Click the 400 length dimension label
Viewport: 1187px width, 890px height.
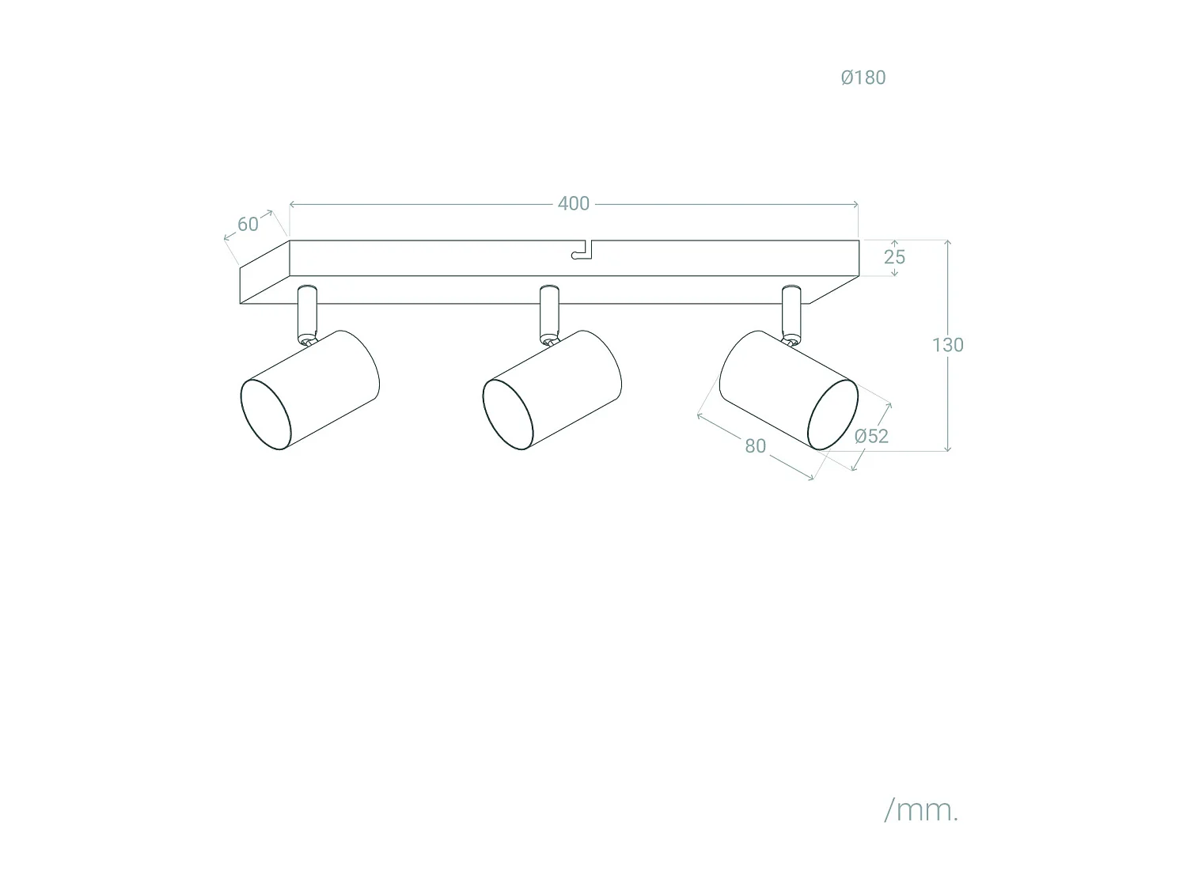point(573,204)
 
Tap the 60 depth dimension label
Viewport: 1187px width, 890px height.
point(248,225)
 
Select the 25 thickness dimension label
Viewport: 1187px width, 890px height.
point(894,257)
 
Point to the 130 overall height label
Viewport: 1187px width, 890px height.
point(947,345)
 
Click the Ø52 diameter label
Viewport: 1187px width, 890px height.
point(871,436)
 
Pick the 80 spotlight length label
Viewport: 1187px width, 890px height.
point(755,446)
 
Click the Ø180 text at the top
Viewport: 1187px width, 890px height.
point(863,78)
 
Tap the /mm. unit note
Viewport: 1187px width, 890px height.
point(920,809)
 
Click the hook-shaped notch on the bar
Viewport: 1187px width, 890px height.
point(582,251)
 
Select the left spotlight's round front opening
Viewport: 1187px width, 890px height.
point(266,415)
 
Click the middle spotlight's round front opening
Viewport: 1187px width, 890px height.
point(508,415)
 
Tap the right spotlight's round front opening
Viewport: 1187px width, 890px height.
point(832,415)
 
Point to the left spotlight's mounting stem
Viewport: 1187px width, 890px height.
point(307,312)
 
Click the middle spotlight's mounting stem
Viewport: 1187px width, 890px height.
point(549,312)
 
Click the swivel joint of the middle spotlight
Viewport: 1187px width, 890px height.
point(548,340)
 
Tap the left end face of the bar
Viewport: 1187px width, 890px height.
point(264,273)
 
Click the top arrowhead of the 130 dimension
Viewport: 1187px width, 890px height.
point(947,242)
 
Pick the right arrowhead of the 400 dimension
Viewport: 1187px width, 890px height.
point(856,204)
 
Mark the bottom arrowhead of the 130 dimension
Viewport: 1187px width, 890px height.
point(947,449)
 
